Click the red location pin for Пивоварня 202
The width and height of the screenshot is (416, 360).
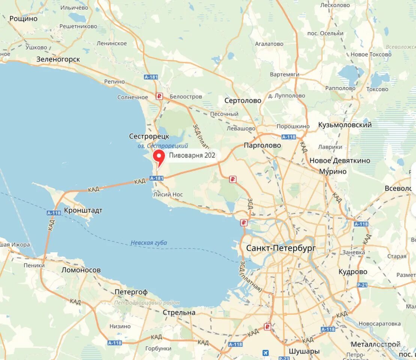[160, 156]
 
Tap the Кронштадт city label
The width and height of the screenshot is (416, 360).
[83, 210]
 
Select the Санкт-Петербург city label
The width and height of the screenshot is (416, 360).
[281, 248]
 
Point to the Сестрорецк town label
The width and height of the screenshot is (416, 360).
[149, 136]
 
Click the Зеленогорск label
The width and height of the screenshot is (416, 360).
[58, 59]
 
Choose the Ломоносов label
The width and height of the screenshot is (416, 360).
[81, 270]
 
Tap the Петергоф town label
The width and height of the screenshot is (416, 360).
[131, 292]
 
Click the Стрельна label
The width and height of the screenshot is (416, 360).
[179, 312]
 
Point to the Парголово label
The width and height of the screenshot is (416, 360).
[262, 145]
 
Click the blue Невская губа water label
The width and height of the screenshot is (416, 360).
[149, 243]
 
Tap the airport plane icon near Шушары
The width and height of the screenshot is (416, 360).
[266, 353]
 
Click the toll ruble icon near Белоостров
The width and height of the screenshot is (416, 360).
[160, 96]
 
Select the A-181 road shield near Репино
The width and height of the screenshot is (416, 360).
[151, 77]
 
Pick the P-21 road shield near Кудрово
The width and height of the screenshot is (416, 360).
[362, 285]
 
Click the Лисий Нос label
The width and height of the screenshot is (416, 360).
[168, 194]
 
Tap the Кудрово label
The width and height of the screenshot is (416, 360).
[353, 271]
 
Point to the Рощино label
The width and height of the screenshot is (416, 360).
[23, 18]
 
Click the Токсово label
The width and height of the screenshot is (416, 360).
[377, 89]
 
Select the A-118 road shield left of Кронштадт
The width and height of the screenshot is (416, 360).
[54, 213]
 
